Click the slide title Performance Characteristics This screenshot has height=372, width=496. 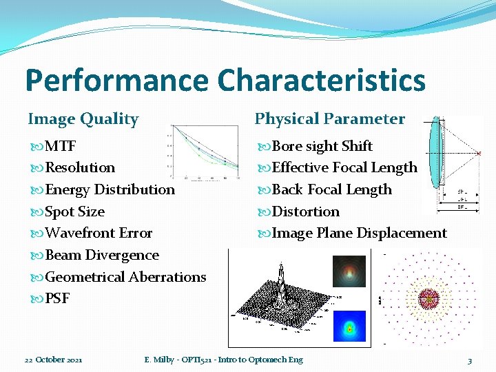(225, 79)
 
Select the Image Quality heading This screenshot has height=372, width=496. (83, 119)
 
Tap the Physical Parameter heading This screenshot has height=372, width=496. (329, 119)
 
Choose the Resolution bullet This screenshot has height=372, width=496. (79, 167)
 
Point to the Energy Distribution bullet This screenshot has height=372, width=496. (110, 189)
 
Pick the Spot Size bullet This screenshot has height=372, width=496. (74, 211)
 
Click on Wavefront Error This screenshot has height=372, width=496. (98, 233)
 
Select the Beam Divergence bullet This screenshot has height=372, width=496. (101, 255)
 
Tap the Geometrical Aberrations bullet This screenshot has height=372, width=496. (125, 277)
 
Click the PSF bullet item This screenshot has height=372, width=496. (56, 299)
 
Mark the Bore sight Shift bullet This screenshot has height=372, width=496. (322, 146)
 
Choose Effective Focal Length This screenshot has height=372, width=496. (344, 167)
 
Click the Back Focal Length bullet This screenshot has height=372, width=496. (331, 189)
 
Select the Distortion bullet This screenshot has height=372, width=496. (306, 211)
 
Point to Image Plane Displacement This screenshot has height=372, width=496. (359, 233)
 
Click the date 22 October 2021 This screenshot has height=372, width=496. (54, 360)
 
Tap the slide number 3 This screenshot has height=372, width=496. (469, 360)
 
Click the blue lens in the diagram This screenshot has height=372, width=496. (434, 152)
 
